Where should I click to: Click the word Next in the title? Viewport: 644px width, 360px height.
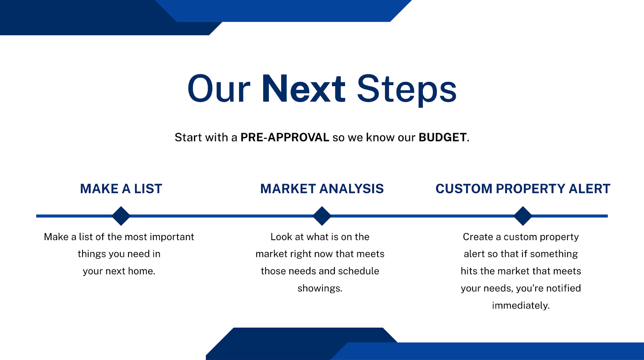click(x=303, y=89)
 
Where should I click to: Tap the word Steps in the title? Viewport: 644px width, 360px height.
click(x=407, y=89)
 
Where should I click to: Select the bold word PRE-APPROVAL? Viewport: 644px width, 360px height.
click(x=285, y=138)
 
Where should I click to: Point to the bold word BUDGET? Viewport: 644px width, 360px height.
click(x=442, y=138)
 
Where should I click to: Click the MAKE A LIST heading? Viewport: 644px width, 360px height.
click(x=121, y=189)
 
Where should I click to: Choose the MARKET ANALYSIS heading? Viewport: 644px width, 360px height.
click(x=322, y=189)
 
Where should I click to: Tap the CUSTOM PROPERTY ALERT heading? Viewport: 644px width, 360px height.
click(x=522, y=189)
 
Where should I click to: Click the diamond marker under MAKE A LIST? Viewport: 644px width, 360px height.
click(x=121, y=216)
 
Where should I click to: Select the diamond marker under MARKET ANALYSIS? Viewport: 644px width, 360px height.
click(x=322, y=216)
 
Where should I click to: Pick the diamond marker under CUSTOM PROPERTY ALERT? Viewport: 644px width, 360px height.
click(x=522, y=216)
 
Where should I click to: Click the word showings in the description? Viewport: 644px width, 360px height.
click(x=320, y=288)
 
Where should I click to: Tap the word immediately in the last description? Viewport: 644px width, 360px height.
click(x=520, y=306)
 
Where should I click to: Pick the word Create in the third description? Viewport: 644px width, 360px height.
click(x=478, y=237)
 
